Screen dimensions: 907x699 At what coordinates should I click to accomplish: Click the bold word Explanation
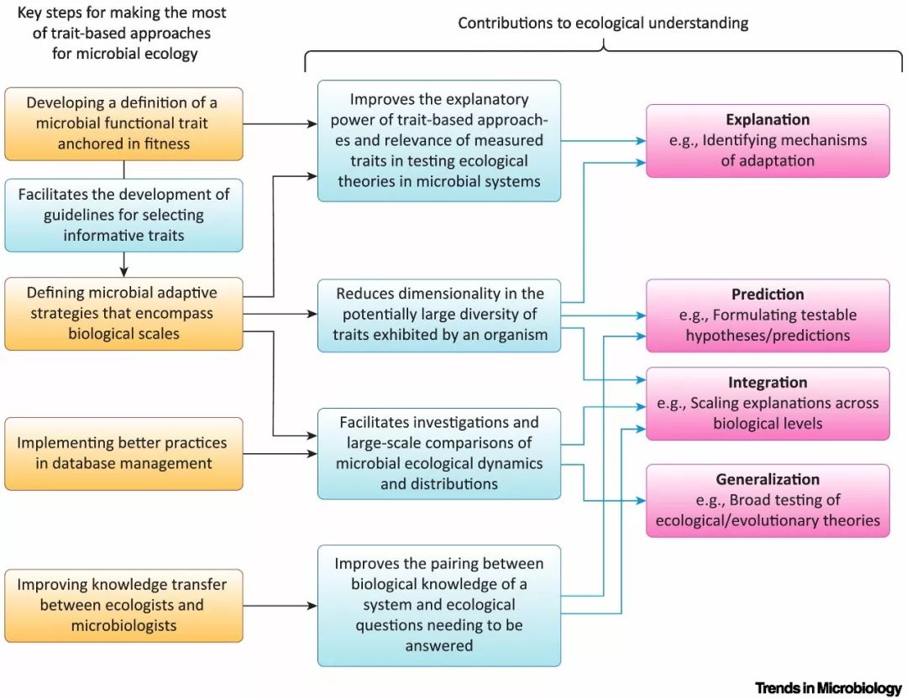[x=768, y=120]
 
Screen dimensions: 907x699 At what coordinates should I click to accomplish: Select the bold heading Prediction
[x=768, y=295]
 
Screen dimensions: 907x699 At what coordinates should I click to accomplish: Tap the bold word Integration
[x=768, y=382]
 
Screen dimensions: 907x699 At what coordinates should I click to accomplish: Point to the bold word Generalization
[x=768, y=479]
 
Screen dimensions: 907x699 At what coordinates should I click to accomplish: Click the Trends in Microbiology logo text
[x=828, y=688]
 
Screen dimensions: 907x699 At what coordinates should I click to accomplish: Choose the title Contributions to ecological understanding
[x=603, y=23]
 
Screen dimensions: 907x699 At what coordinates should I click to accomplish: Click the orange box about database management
[x=123, y=454]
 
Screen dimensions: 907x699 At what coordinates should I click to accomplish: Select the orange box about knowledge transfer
[x=123, y=605]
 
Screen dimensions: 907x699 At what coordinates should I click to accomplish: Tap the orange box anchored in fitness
[x=123, y=123]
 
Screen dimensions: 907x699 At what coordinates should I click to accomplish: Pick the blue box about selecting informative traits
[x=123, y=215]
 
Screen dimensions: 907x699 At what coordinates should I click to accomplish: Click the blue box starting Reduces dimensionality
[x=439, y=316]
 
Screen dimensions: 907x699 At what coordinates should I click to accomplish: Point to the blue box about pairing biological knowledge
[x=439, y=605]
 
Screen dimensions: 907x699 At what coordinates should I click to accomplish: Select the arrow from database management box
[x=280, y=454]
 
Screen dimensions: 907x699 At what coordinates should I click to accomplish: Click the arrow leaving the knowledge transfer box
[x=280, y=606]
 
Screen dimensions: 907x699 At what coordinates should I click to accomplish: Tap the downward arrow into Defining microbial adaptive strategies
[x=123, y=265]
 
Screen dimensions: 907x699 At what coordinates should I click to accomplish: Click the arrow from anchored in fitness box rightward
[x=280, y=123]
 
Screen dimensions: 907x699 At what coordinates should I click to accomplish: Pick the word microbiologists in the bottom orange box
[x=123, y=625]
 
